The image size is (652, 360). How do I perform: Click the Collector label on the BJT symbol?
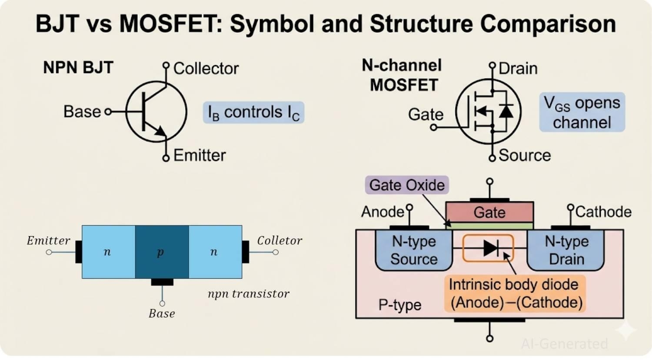[x=206, y=68]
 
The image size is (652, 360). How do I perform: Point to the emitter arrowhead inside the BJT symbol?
[x=160, y=131]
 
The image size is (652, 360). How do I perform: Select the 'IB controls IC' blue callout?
[x=253, y=113]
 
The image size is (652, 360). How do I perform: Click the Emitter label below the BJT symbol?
[x=200, y=155]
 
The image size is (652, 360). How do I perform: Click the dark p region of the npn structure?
[x=162, y=252]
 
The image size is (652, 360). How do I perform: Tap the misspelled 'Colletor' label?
[x=279, y=240]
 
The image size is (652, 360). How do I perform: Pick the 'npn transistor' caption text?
[x=248, y=294]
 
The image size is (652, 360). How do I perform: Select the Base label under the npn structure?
[x=162, y=313]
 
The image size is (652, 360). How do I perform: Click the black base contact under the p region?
[x=162, y=282]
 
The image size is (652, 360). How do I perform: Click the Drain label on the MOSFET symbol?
[x=518, y=68]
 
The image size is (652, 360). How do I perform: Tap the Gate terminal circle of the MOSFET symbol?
[x=433, y=127]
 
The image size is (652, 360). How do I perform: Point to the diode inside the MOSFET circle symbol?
[x=506, y=111]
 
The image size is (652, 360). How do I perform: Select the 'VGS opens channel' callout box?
[x=582, y=112]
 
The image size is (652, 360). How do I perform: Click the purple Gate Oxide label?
[x=406, y=185]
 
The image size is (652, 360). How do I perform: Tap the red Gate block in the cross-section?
[x=489, y=212]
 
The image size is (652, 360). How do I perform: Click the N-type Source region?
[x=413, y=250]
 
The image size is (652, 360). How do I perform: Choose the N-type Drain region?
[x=566, y=250]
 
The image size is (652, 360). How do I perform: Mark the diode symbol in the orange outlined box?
[x=490, y=248]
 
